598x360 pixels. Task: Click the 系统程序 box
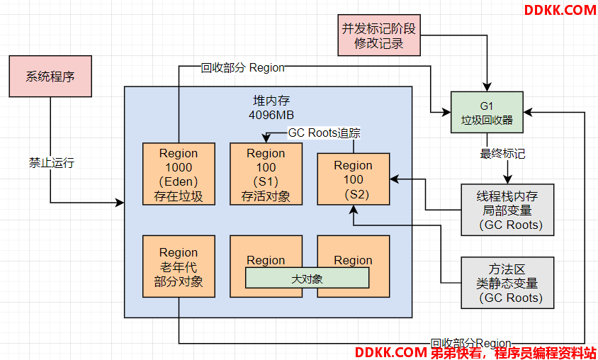[x=50, y=77]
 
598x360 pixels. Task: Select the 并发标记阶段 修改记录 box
[x=379, y=35]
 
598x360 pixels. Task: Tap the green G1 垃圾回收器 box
[x=487, y=112]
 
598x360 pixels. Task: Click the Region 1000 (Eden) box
[x=179, y=174]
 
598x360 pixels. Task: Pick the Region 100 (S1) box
[x=266, y=174]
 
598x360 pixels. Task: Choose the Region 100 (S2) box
[x=353, y=179]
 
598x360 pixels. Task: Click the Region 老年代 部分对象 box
[x=179, y=266]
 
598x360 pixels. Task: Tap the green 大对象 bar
[x=307, y=278]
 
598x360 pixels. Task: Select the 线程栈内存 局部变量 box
[x=507, y=210]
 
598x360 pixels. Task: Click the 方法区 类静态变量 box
[x=507, y=283]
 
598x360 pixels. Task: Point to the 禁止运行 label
[x=52, y=163]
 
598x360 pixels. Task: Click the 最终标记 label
[x=502, y=154]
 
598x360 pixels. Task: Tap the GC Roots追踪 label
[x=325, y=133]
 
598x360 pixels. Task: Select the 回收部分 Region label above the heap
[x=242, y=68]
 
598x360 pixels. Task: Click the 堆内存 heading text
[x=271, y=101]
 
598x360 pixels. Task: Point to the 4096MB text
[x=271, y=116]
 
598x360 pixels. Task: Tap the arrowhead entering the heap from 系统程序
[x=120, y=203]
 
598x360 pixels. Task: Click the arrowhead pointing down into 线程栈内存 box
[x=507, y=179]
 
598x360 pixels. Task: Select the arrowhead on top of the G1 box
[x=487, y=86]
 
